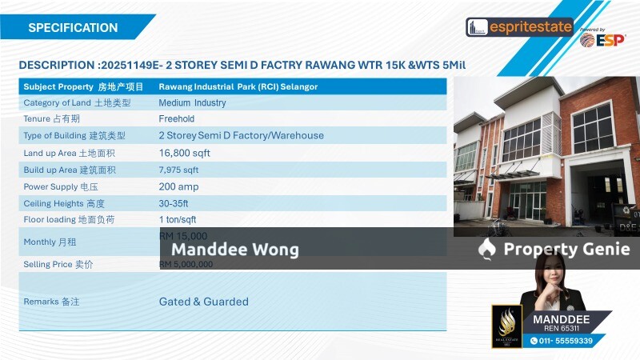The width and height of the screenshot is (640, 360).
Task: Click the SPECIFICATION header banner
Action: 73,28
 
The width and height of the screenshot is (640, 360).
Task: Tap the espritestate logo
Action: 520,27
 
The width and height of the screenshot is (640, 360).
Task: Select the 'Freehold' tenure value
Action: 176,119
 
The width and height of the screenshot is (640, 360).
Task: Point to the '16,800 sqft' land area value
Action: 184,153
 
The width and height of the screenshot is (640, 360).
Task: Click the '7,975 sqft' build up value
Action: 178,170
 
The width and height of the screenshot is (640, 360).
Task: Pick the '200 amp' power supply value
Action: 178,186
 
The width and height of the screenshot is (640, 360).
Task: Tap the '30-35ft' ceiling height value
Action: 176,203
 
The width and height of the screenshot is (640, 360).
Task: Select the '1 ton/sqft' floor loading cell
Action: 178,220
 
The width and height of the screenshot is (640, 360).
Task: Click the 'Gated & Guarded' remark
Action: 203,302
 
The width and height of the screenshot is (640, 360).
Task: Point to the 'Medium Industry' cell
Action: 192,102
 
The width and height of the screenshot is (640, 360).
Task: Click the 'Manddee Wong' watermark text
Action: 234,250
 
